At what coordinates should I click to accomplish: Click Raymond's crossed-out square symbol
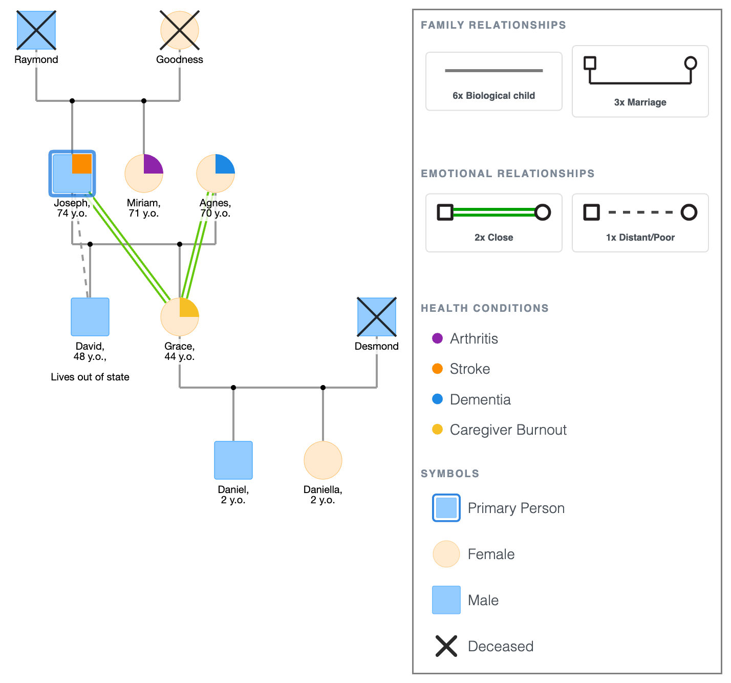pos(36,30)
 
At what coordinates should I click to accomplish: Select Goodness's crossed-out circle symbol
pos(180,30)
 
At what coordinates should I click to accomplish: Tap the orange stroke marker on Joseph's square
pos(82,164)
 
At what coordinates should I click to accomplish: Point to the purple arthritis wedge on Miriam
pos(152,165)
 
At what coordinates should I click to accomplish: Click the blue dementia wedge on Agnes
pos(224,165)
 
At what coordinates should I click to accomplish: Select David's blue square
pos(90,317)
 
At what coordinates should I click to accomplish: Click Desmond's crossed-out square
pos(377,317)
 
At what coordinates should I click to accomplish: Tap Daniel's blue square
pos(233,460)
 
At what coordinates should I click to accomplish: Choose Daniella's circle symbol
pos(323,460)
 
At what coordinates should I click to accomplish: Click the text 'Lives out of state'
pos(90,377)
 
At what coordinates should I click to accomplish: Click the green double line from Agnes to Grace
pos(198,246)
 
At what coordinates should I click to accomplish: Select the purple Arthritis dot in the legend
pos(437,338)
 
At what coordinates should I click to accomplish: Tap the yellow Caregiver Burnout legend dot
pos(437,430)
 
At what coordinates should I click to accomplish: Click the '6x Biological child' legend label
pos(493,96)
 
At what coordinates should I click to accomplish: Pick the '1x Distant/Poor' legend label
pos(640,238)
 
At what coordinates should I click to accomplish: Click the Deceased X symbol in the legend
pos(446,646)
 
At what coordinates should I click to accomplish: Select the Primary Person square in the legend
pos(446,508)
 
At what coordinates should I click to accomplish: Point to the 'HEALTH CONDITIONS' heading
pos(484,308)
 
